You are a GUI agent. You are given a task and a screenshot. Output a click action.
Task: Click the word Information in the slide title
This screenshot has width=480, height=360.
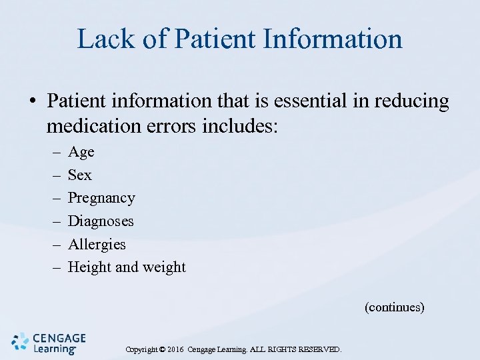click(333, 39)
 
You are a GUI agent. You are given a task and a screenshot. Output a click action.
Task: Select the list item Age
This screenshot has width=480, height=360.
click(81, 152)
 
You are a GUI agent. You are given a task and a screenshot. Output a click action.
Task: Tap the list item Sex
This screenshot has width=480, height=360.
click(80, 175)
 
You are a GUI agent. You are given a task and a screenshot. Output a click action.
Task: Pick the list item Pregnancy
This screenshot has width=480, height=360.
click(101, 199)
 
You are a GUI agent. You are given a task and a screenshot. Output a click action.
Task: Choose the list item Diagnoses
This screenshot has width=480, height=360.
click(101, 221)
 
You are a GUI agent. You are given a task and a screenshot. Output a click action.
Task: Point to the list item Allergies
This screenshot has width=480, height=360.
click(97, 245)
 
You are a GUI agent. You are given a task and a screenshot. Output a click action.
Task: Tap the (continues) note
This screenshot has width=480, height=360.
click(394, 307)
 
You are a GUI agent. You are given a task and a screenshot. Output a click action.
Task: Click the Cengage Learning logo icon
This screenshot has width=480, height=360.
click(21, 341)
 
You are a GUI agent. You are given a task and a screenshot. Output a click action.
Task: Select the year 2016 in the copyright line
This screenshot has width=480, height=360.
click(175, 349)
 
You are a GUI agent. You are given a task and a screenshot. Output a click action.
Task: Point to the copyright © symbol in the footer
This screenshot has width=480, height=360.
click(162, 349)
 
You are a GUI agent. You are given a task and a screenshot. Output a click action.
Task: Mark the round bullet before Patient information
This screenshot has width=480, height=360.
click(31, 102)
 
